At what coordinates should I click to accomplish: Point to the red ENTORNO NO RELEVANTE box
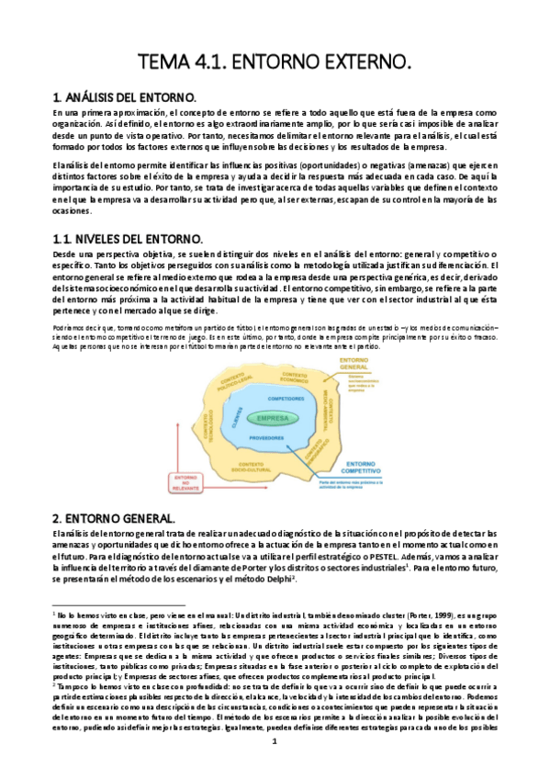(x=187, y=483)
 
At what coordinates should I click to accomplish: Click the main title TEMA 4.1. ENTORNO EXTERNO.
(x=275, y=62)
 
